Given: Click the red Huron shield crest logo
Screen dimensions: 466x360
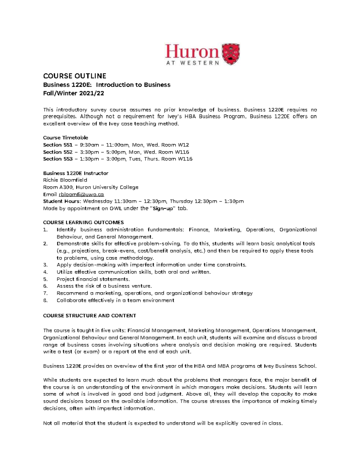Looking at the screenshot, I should pos(230,54).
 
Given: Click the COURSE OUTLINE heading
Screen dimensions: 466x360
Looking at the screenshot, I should pos(75,76).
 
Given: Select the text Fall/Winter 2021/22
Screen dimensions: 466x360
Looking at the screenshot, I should pos(73,93).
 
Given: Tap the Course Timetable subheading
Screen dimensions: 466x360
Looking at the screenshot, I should pos(65,138).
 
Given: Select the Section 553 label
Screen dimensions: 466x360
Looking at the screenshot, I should pos(58,159).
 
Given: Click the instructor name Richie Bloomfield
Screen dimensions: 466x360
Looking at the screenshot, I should pos(65,180).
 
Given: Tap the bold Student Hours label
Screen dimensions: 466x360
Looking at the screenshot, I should pos(62,201).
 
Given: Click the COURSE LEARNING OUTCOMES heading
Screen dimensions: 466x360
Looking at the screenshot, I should pos(83,222).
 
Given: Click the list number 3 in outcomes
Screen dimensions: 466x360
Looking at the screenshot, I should pos(45,265).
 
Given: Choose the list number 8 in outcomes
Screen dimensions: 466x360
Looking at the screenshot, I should pos(45,300).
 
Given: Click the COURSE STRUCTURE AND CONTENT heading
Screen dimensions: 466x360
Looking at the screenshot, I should pos(89,316).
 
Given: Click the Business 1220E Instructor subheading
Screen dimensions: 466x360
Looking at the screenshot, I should pos(76,173).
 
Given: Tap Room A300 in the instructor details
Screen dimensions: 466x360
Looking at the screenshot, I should pos(57,187).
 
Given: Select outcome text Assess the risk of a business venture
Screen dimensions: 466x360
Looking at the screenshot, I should pos(104,286).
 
